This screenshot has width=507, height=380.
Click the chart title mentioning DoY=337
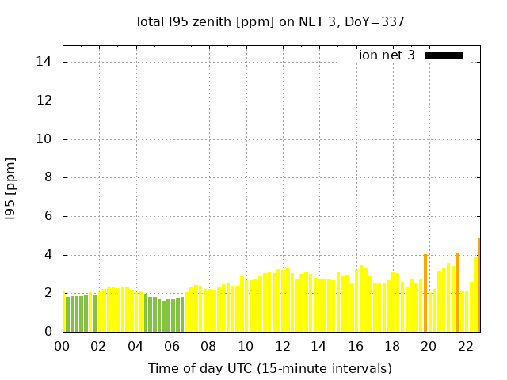(x=269, y=21)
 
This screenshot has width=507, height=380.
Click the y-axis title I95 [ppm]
(x=10, y=188)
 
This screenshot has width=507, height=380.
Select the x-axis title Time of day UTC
(x=269, y=368)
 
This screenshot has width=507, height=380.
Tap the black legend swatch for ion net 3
(x=444, y=55)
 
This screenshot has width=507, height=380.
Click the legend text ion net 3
(x=387, y=55)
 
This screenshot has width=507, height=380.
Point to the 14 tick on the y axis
(x=46, y=62)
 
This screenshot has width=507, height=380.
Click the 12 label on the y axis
(x=46, y=101)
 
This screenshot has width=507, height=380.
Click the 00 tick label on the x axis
(x=63, y=346)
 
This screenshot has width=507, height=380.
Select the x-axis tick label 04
(x=135, y=346)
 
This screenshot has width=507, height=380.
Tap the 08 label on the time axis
(x=209, y=346)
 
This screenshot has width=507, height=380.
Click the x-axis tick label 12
(x=282, y=346)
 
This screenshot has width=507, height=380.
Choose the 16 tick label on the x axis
(x=356, y=346)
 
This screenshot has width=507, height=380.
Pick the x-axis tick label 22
(x=466, y=346)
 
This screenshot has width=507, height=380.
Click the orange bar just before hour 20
(x=425, y=294)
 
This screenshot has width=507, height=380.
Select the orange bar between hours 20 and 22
(x=457, y=293)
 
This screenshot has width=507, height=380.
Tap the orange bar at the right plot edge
(x=478, y=285)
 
